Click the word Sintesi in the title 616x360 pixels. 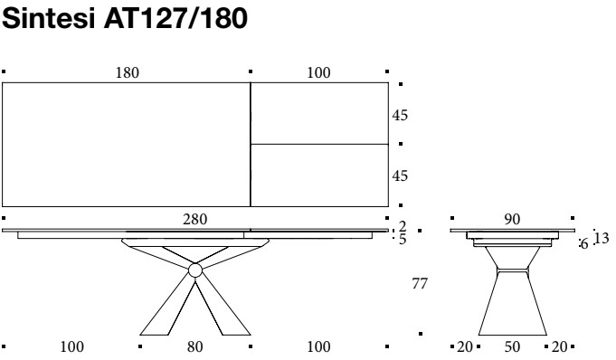pyautogui.click(x=49, y=18)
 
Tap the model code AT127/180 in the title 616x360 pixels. pyautogui.click(x=175, y=18)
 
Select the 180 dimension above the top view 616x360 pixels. pyautogui.click(x=128, y=72)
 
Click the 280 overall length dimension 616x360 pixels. pyautogui.click(x=194, y=219)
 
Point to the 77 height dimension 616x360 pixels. pyautogui.click(x=420, y=283)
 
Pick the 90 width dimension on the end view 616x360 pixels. pyautogui.click(x=512, y=219)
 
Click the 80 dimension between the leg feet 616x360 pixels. pyautogui.click(x=194, y=347)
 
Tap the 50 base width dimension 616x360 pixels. pyautogui.click(x=512, y=347)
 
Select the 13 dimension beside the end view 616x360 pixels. pyautogui.click(x=602, y=238)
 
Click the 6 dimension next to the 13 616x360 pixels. pyautogui.click(x=584, y=244)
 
